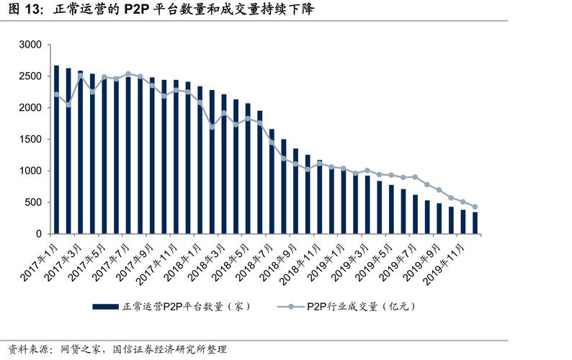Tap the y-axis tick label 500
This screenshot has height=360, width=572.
coord(34,203)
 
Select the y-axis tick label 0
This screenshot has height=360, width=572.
coord(40,235)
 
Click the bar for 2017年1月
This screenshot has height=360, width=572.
coord(56,150)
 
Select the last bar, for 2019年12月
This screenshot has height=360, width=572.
coord(475,223)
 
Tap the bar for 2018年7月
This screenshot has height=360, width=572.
coord(272,181)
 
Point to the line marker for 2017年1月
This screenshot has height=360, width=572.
coord(56,94)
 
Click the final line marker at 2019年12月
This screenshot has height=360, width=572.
coord(475,207)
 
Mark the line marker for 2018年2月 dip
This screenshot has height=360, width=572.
coord(212,127)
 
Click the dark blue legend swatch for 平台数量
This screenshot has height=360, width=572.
coord(107,306)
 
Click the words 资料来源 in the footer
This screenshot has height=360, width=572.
coord(23,349)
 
